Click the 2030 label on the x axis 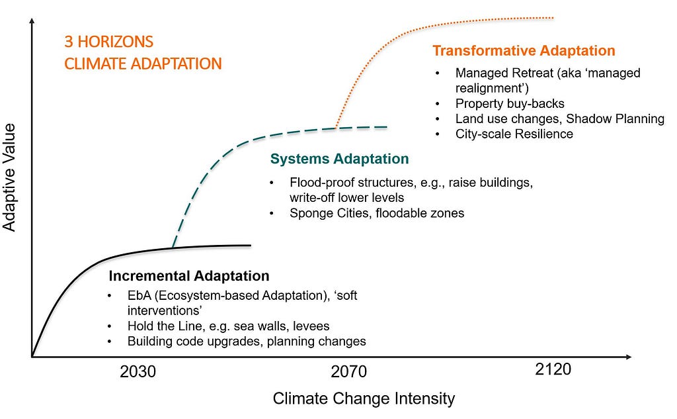(138, 371)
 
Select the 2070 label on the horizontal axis (349, 371)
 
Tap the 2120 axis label (553, 369)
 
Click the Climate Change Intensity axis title (364, 398)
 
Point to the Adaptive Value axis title (9, 177)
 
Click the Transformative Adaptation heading (524, 50)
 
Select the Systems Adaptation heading (339, 159)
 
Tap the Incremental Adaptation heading (189, 276)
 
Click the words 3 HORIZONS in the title (109, 42)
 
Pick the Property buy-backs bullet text (510, 104)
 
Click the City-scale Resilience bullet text (514, 134)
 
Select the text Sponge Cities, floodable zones (377, 213)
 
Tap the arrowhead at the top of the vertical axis (32, 20)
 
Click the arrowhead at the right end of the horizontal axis (629, 357)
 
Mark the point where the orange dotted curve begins (335, 128)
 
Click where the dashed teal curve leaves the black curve (173, 248)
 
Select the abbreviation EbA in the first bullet (139, 296)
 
